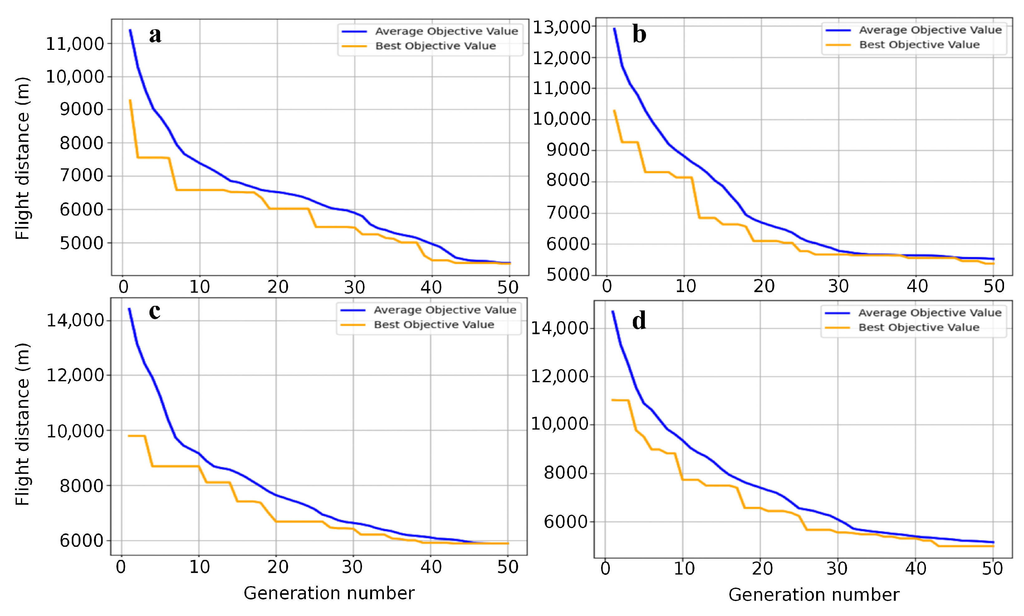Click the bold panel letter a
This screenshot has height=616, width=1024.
(x=155, y=35)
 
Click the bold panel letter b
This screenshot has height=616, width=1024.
(x=639, y=34)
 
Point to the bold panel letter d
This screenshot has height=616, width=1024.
(x=639, y=321)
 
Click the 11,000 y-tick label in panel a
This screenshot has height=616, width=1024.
(x=75, y=44)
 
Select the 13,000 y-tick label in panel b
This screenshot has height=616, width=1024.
(x=561, y=27)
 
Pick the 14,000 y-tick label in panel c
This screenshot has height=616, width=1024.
(x=75, y=320)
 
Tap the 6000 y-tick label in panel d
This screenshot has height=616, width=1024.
(x=566, y=522)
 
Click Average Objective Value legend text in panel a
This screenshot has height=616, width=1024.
(x=446, y=31)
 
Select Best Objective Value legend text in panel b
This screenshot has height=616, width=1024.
(x=919, y=44)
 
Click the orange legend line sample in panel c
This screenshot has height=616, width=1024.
(x=352, y=325)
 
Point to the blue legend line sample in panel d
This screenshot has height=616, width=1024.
(x=837, y=313)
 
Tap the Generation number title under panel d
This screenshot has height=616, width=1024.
(x=813, y=595)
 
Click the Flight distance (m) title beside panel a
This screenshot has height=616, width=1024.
(x=22, y=158)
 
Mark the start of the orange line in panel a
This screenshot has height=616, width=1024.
(x=130, y=100)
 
